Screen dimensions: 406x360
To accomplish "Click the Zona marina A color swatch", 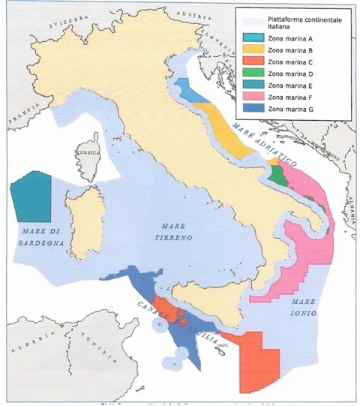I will click(x=251, y=38).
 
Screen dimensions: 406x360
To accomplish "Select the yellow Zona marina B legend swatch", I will click(x=251, y=50).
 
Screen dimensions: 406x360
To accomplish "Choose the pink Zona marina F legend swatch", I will click(x=251, y=97).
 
